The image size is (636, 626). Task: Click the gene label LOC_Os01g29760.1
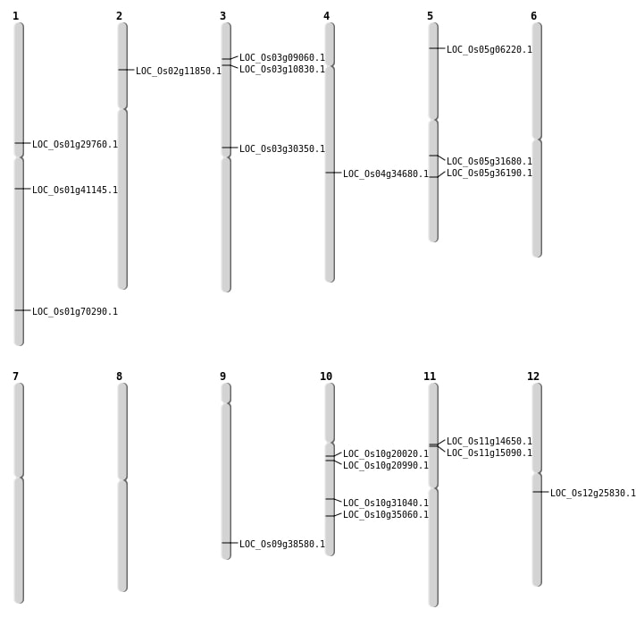point(75,144)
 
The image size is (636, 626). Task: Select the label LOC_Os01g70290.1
point(75,311)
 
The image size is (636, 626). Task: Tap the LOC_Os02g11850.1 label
point(179,71)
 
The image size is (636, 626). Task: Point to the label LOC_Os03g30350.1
point(282,148)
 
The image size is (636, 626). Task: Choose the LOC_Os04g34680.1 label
point(386,173)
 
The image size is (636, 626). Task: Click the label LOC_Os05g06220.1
point(490,49)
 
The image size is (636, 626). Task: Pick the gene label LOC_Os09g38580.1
point(282,544)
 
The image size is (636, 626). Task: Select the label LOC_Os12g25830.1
point(593,493)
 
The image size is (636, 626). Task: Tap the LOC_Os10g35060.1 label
point(386,514)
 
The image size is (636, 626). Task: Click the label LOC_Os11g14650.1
point(490,441)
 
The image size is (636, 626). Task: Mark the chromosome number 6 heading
point(533,16)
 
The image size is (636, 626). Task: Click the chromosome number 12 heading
point(533,376)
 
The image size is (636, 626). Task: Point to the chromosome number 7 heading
point(15,376)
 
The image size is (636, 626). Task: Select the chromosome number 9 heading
point(222,376)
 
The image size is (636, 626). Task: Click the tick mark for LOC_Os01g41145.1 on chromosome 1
point(19,189)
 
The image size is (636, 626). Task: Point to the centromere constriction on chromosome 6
point(537,140)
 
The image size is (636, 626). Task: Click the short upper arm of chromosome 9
point(226,393)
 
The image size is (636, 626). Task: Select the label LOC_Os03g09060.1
point(282,57)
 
